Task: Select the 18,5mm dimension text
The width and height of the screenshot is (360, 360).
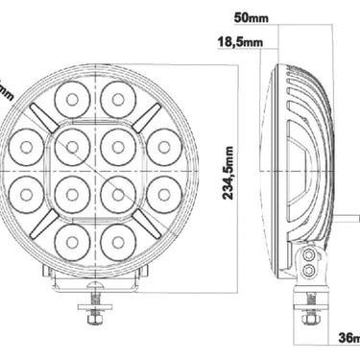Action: pos(240,42)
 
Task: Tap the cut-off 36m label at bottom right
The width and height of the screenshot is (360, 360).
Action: pos(348,338)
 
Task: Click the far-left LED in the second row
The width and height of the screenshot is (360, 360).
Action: pos(25,145)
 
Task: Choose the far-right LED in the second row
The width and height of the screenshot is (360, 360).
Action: pos(162,145)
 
